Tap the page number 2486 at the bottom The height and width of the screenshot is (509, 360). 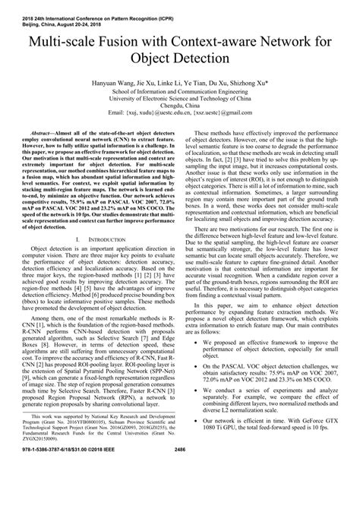click(x=180, y=496)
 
